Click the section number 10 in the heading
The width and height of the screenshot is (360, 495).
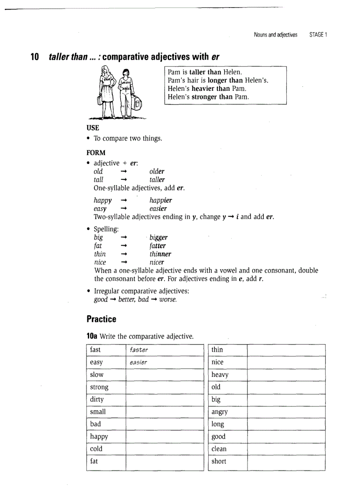pyautogui.click(x=35, y=57)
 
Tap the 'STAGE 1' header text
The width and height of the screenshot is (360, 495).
pyautogui.click(x=318, y=35)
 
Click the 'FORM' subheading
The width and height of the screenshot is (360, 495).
pyautogui.click(x=96, y=153)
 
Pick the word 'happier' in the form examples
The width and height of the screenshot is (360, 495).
pyautogui.click(x=161, y=200)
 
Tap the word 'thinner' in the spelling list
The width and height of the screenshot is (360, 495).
pyautogui.click(x=160, y=254)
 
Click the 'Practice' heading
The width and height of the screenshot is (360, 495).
pyautogui.click(x=101, y=319)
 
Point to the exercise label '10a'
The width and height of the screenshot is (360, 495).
pyautogui.click(x=92, y=336)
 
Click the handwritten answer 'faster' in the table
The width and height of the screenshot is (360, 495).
pyautogui.click(x=139, y=350)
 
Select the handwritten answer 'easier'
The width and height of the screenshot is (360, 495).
pyautogui.click(x=138, y=362)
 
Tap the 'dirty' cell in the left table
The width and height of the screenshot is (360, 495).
pyautogui.click(x=97, y=399)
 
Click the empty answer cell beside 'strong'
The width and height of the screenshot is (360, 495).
pyautogui.click(x=163, y=387)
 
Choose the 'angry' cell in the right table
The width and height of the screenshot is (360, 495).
pyautogui.click(x=220, y=412)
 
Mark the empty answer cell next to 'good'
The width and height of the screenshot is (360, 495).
pyautogui.click(x=286, y=436)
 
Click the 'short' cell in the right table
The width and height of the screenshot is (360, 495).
pyautogui.click(x=219, y=461)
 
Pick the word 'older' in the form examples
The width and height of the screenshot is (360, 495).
pyautogui.click(x=157, y=171)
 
